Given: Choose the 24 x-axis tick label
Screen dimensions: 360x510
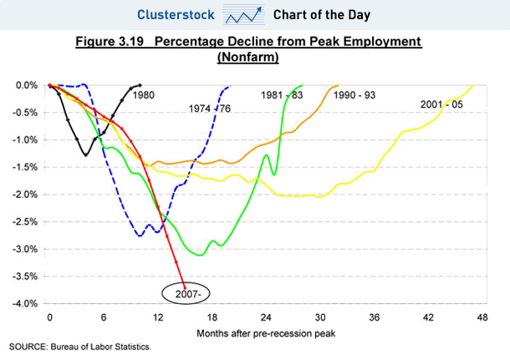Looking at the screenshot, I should tap(265, 318).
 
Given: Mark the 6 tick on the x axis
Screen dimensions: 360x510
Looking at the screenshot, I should tap(104, 318).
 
